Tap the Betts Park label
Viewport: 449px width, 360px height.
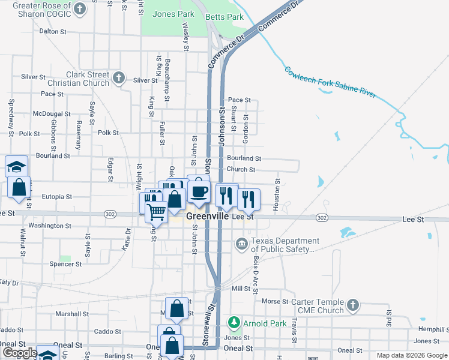pos(224,17)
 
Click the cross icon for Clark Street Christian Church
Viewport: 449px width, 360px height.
pos(119,77)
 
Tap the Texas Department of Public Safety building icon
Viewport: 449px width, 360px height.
pos(241,244)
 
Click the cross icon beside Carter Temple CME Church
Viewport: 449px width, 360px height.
pos(353,305)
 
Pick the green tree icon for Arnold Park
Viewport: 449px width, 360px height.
pos(234,323)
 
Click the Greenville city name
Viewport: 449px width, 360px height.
pos(208,216)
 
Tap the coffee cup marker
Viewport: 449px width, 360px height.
pos(198,191)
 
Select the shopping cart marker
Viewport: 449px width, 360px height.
pos(156,211)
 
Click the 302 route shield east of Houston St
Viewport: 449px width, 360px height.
pos(322,218)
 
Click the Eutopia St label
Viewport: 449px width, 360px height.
pos(56,196)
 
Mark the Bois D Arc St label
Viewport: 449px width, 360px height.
pos(256,274)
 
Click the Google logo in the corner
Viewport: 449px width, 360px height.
pos(19,353)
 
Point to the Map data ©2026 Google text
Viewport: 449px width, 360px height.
pos(411,355)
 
